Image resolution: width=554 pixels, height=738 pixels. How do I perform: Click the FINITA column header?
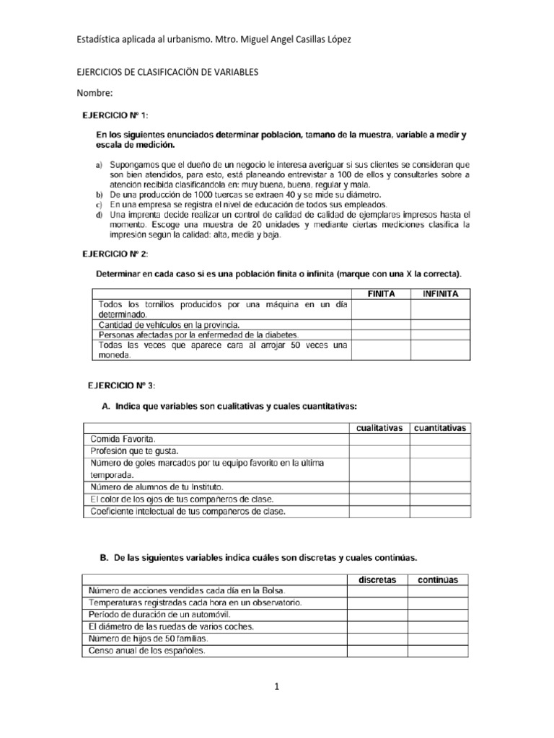380,294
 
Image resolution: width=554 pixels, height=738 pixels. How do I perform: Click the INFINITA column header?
440,294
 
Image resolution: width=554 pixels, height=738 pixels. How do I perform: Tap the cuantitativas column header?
440,427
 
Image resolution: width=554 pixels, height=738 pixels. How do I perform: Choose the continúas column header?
438,579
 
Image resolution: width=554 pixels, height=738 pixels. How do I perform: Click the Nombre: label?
94,94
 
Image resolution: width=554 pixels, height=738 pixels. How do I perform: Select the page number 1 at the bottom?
276,687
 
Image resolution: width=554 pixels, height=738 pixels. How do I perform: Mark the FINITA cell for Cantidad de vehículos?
380,324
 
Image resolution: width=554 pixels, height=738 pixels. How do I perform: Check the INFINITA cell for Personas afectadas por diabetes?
440,334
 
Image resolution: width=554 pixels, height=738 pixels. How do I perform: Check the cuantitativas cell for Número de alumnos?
440,486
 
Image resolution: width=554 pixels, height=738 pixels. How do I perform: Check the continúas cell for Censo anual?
438,651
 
